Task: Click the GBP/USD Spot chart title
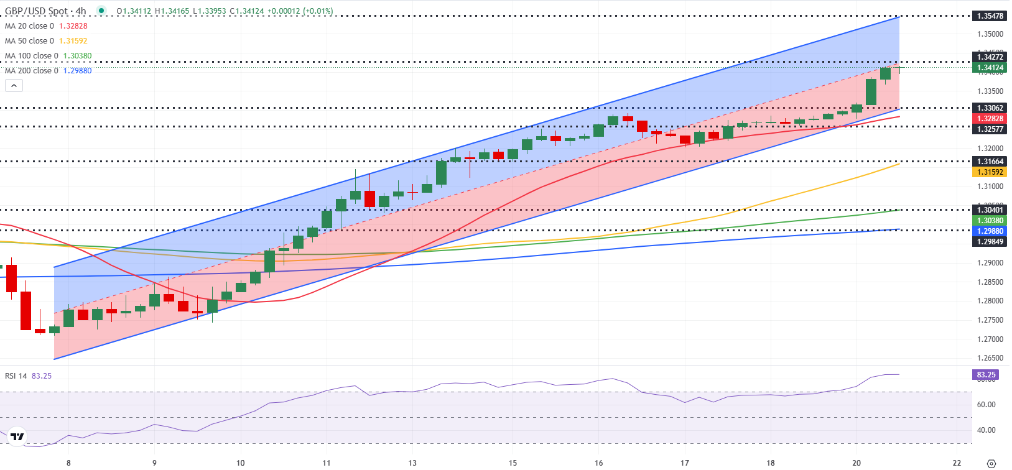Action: click(45, 11)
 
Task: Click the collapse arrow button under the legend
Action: click(14, 85)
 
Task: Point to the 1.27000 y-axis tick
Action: click(990, 339)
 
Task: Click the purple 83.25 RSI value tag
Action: click(986, 375)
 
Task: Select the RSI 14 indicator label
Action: click(16, 376)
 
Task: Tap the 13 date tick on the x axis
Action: click(412, 463)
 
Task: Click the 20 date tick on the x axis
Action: click(856, 463)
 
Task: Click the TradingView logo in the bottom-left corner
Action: click(17, 437)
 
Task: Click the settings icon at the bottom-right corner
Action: click(991, 463)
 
